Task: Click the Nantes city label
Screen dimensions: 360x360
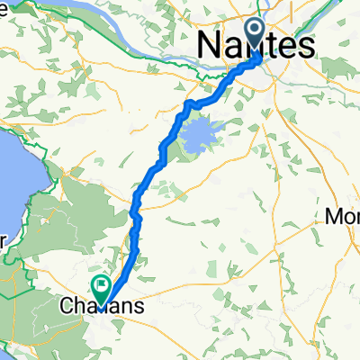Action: (256, 45)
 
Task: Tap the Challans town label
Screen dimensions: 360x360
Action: (101, 307)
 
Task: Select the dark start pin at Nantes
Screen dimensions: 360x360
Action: (256, 35)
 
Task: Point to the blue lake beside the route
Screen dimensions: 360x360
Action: (200, 136)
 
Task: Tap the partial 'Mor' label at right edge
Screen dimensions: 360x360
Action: (343, 218)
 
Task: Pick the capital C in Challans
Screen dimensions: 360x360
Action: (65, 307)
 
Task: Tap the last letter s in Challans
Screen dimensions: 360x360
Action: (138, 307)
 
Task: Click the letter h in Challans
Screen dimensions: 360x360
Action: (76, 307)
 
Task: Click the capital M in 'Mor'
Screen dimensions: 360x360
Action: (334, 218)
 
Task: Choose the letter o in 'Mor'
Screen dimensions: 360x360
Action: (347, 219)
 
